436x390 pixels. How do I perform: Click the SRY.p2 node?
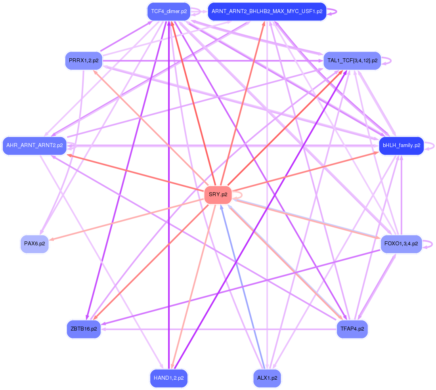click(x=218, y=195)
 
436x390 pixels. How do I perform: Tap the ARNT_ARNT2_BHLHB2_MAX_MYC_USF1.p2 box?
click(x=267, y=11)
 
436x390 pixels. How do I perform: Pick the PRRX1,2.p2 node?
click(x=84, y=61)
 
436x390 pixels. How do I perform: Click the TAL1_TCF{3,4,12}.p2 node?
click(x=352, y=61)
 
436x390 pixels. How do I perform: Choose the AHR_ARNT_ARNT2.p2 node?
click(x=34, y=145)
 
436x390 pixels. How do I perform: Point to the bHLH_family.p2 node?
click(x=401, y=145)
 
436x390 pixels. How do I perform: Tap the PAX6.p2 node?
click(x=34, y=243)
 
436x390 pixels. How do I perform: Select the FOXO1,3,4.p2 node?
click(x=401, y=243)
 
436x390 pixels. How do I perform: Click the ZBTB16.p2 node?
click(x=84, y=329)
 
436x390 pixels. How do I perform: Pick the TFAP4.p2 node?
click(x=352, y=329)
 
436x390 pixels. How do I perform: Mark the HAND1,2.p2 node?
click(x=169, y=378)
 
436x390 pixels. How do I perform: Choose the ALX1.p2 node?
click(x=267, y=378)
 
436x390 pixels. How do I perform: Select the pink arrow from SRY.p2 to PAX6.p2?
click(x=127, y=219)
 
